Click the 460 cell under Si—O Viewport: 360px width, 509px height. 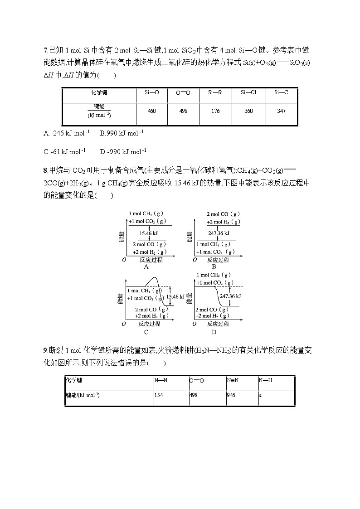pyautogui.click(x=151, y=111)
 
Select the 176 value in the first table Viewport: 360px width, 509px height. pyautogui.click(x=215, y=111)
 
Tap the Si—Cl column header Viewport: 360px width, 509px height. pyautogui.click(x=248, y=92)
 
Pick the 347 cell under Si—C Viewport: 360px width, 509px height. pyautogui.click(x=281, y=111)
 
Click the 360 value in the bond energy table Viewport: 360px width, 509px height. pyautogui.click(x=248, y=111)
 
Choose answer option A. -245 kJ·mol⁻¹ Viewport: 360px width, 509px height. pyautogui.click(x=67, y=133)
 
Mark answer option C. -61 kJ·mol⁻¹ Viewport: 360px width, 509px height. pyautogui.click(x=64, y=151)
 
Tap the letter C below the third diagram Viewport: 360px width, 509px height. pyautogui.click(x=146, y=332)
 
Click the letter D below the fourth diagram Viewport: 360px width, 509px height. pyautogui.click(x=214, y=332)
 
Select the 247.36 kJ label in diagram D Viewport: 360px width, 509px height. pyautogui.click(x=230, y=296)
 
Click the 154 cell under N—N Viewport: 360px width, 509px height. pyautogui.click(x=158, y=395)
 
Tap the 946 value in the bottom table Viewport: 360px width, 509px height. pyautogui.click(x=231, y=395)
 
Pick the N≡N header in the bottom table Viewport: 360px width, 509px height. pyautogui.click(x=232, y=380)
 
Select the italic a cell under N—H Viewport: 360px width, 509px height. pyautogui.click(x=260, y=395)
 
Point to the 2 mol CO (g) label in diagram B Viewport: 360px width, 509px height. pyautogui.click(x=223, y=214)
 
